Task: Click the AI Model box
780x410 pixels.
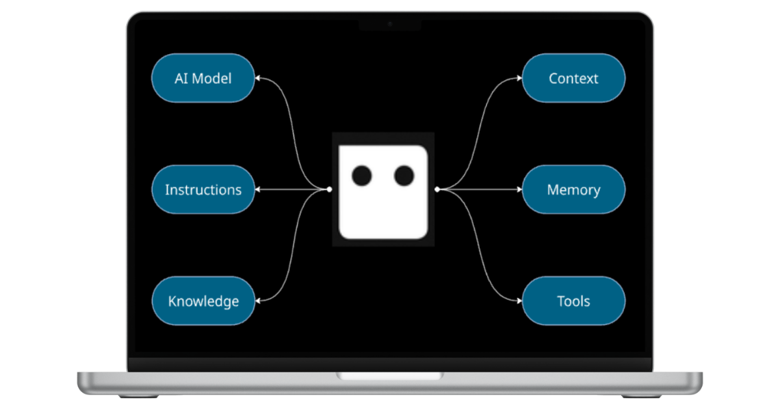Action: [203, 78]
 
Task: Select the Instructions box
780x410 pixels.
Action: [203, 190]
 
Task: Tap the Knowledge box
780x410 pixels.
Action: [203, 301]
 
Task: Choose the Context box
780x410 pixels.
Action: [573, 78]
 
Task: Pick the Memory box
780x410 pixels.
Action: [573, 190]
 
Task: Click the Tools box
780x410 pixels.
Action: [573, 301]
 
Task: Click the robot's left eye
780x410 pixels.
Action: [361, 175]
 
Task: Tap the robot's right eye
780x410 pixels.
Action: [404, 175]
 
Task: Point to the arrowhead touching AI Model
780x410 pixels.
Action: [258, 78]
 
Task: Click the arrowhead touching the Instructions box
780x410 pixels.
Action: [258, 189]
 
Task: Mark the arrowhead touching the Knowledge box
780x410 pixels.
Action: [258, 301]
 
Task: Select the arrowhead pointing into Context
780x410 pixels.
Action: [519, 78]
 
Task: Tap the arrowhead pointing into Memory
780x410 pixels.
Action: [519, 189]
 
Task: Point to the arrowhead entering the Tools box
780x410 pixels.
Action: [519, 301]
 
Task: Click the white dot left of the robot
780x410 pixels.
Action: [330, 189]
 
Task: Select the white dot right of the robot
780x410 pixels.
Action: [437, 189]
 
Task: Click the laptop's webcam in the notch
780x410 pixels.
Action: [390, 23]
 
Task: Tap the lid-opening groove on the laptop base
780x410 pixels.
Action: [390, 376]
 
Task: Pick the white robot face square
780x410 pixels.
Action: [383, 208]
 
